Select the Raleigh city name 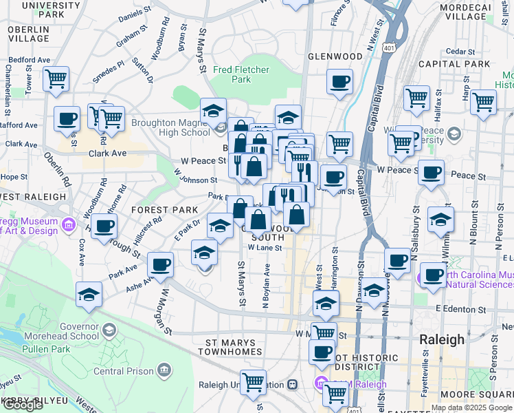(441, 340)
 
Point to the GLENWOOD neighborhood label (335, 56)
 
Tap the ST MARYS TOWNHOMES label (234, 346)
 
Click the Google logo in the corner (22, 405)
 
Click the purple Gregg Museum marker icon (68, 224)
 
